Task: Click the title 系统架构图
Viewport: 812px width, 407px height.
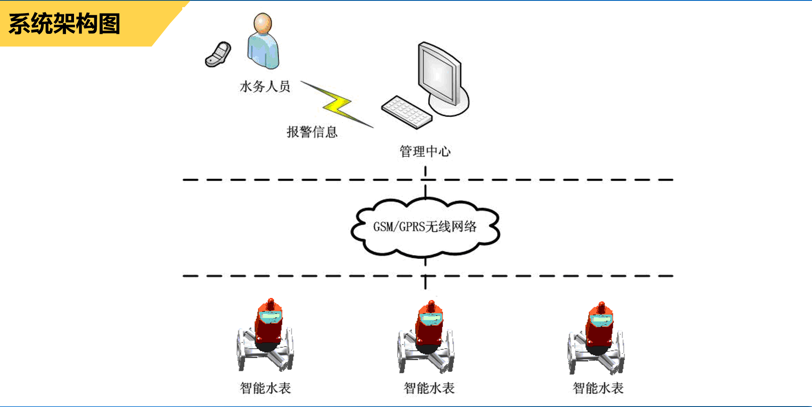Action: (64, 24)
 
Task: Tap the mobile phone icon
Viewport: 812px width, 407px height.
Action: (218, 55)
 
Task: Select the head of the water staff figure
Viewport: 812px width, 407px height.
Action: (263, 23)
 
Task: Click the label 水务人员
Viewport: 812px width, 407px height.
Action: (265, 87)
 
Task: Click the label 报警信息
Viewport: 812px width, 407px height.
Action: (312, 132)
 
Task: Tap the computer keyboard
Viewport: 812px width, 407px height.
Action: (406, 112)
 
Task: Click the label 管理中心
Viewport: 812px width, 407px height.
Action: (425, 151)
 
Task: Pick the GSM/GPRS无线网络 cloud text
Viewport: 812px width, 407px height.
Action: (425, 227)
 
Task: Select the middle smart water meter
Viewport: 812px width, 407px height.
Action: (426, 338)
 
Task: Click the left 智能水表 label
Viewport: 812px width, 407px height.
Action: (265, 388)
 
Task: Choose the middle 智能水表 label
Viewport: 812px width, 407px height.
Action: (429, 388)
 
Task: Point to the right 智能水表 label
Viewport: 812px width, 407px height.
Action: (598, 388)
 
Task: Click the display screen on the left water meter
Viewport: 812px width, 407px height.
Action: (270, 316)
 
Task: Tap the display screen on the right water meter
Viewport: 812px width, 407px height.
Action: (601, 319)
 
